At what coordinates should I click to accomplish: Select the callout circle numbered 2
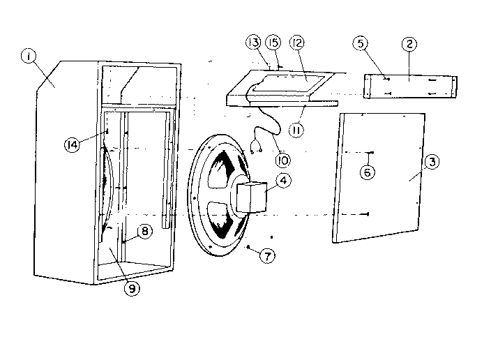pos(409,44)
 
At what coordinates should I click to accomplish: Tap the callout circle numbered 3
pos(432,163)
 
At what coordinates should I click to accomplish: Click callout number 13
pos(252,44)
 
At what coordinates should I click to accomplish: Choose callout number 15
pos(273,44)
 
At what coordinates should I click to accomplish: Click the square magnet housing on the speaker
pos(251,197)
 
